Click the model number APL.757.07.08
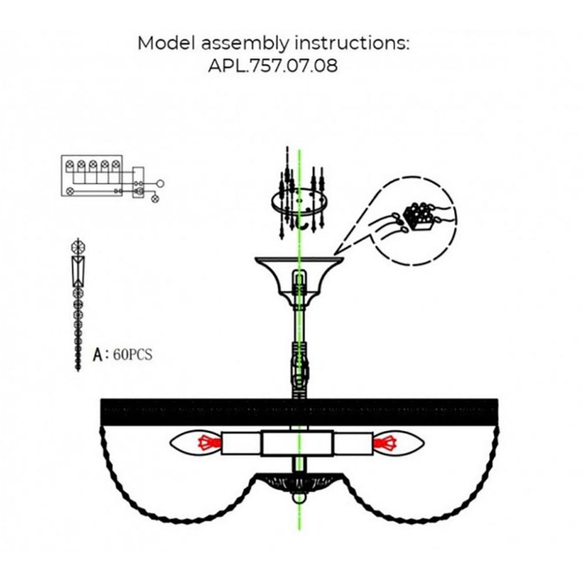coord(273,65)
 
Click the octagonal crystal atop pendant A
coord(77,247)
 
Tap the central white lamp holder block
coord(297,444)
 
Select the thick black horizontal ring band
coord(298,412)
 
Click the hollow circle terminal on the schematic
coord(161,183)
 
